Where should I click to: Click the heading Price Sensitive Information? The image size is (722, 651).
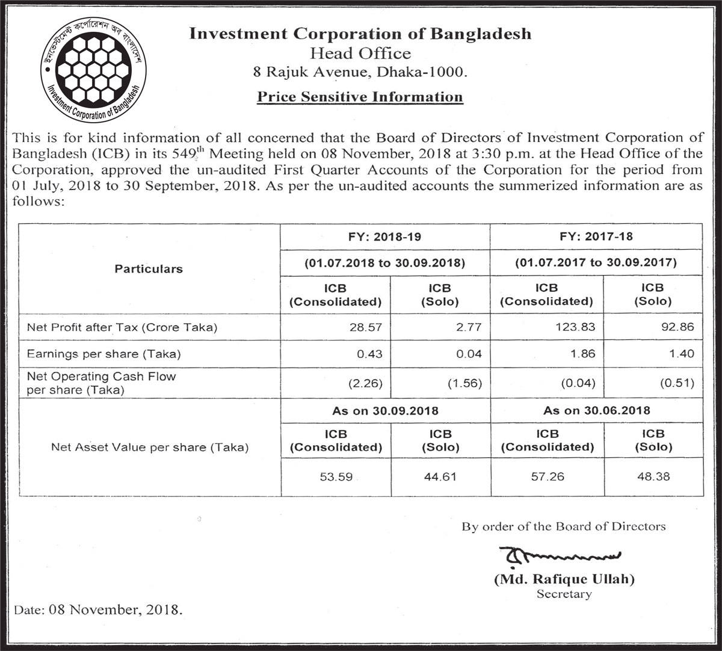pyautogui.click(x=360, y=97)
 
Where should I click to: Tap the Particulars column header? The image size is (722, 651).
pyautogui.click(x=149, y=269)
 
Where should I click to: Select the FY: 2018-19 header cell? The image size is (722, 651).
pyautogui.click(x=385, y=236)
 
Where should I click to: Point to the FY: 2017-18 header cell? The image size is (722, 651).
pyautogui.click(x=596, y=236)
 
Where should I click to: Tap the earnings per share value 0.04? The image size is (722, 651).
pyautogui.click(x=469, y=354)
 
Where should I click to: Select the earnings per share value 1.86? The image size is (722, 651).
pyautogui.click(x=582, y=354)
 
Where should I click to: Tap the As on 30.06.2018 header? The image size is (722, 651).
pyautogui.click(x=596, y=411)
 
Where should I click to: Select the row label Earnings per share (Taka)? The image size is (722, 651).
pyautogui.click(x=103, y=354)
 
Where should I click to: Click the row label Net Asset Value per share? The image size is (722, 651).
pyautogui.click(x=150, y=448)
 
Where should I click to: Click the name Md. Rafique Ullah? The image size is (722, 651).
pyautogui.click(x=564, y=580)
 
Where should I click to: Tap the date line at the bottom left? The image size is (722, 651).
pyautogui.click(x=97, y=609)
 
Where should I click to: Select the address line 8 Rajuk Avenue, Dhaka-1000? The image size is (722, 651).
pyautogui.click(x=360, y=73)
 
